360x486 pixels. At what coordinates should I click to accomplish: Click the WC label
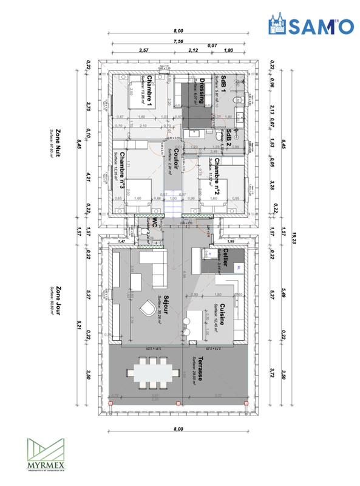(x=156, y=222)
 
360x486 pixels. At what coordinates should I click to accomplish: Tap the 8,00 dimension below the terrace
(x=178, y=429)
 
